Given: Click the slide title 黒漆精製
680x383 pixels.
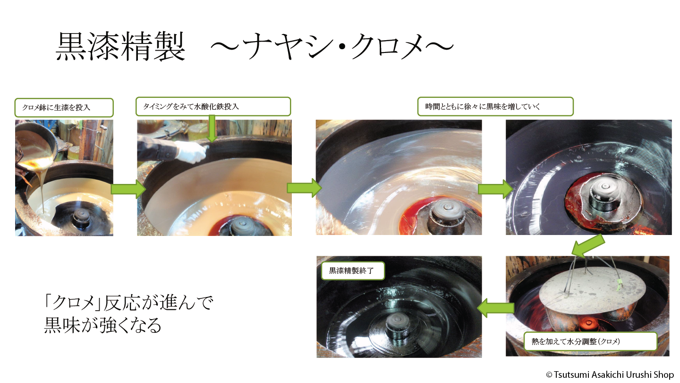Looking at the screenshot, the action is [120, 47].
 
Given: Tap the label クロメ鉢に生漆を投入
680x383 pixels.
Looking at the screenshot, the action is [57, 108].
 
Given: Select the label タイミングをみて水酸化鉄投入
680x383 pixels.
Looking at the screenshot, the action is [191, 107].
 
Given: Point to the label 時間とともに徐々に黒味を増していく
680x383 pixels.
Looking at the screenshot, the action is [483, 107].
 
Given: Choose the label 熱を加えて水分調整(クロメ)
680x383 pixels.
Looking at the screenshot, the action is [576, 341].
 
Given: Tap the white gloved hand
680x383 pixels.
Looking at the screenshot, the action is [191, 152].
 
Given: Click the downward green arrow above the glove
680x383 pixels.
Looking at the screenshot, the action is [212, 129].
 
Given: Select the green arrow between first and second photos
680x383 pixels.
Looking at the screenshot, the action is [128, 189].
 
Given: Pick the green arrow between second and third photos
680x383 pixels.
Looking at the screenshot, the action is [304, 188].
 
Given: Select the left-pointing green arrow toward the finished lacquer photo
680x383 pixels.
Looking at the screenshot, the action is [495, 308].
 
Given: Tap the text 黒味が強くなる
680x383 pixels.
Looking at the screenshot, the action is [103, 325].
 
